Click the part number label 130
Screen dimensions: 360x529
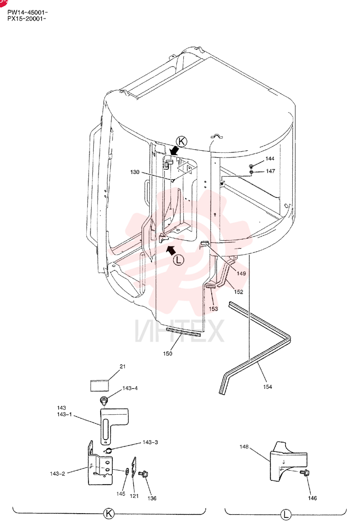coord(135,172)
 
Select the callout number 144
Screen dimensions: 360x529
coord(270,159)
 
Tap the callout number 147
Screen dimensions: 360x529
coord(271,171)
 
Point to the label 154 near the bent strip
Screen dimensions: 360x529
coord(267,387)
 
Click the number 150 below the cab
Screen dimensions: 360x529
coord(167,353)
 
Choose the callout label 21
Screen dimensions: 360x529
coord(123,367)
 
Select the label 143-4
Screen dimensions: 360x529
coord(130,388)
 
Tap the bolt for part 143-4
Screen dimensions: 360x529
coord(104,401)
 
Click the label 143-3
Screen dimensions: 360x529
coord(150,442)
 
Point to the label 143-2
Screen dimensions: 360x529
coord(57,473)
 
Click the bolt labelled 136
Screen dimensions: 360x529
coord(142,474)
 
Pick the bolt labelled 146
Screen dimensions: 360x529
coord(304,472)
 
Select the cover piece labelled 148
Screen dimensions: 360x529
coord(287,461)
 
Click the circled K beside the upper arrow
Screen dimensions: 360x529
coord(182,141)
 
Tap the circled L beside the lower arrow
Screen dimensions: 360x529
coord(178,260)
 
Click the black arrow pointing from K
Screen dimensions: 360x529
coord(175,150)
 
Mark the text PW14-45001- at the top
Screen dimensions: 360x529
coord(28,13)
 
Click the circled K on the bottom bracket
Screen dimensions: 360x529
coord(109,514)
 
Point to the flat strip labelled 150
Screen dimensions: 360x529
coord(183,331)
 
